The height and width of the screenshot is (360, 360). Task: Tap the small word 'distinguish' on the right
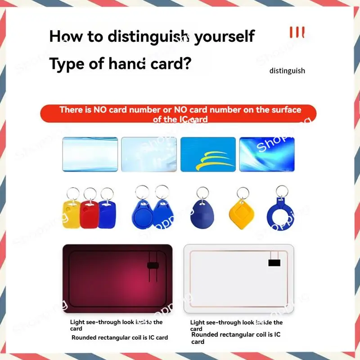pyautogui.click(x=287, y=71)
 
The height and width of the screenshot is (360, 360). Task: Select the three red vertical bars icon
pyautogui.click(x=297, y=32)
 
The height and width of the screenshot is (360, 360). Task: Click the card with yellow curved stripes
pyautogui.click(x=208, y=154)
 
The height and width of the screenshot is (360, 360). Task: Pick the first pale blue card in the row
pyautogui.click(x=90, y=154)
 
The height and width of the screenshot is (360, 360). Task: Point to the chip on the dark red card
pyautogui.click(x=153, y=265)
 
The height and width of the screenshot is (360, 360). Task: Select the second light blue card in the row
pyautogui.click(x=149, y=154)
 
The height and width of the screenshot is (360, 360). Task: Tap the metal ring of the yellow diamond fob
pyautogui.click(x=243, y=193)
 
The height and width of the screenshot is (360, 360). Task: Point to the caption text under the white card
pyautogui.click(x=236, y=332)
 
